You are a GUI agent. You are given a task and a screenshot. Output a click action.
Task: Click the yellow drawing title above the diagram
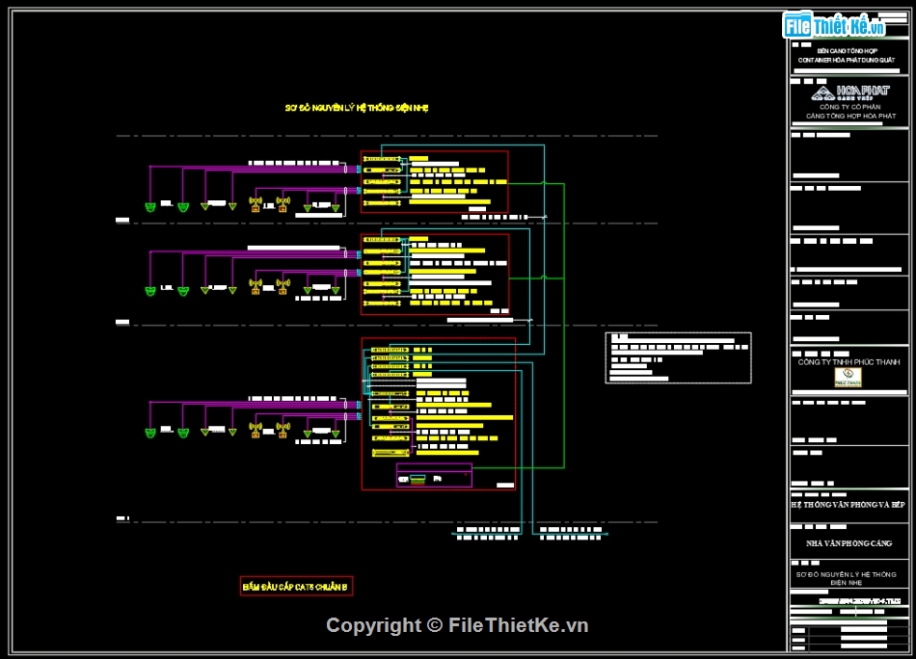tap(356, 108)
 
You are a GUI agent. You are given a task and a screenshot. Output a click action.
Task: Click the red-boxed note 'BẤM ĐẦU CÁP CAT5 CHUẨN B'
tap(297, 586)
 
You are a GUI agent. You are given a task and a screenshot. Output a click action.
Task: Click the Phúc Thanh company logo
tap(846, 379)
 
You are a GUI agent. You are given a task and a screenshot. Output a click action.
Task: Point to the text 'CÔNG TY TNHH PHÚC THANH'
tap(848, 362)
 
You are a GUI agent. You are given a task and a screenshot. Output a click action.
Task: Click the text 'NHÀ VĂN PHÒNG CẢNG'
tap(849, 543)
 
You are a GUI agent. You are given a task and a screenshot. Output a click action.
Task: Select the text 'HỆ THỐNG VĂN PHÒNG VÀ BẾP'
tap(848, 505)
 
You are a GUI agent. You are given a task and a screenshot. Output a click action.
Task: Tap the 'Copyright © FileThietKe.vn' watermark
tap(457, 625)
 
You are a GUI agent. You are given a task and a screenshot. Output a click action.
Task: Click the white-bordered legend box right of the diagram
tap(678, 357)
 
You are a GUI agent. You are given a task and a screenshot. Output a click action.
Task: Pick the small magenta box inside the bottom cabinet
tap(434, 476)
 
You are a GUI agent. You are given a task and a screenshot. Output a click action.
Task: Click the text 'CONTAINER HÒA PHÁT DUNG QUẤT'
tap(847, 60)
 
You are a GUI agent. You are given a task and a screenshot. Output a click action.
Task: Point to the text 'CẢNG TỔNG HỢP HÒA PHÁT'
tap(850, 116)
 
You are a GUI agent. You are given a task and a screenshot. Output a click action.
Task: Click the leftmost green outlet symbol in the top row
tap(150, 207)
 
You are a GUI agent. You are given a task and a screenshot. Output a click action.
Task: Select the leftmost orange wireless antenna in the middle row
tap(256, 287)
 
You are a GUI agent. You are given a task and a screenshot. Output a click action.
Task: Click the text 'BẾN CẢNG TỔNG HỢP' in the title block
tap(847, 50)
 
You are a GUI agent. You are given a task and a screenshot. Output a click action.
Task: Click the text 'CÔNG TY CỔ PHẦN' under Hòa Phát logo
tap(849, 107)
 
